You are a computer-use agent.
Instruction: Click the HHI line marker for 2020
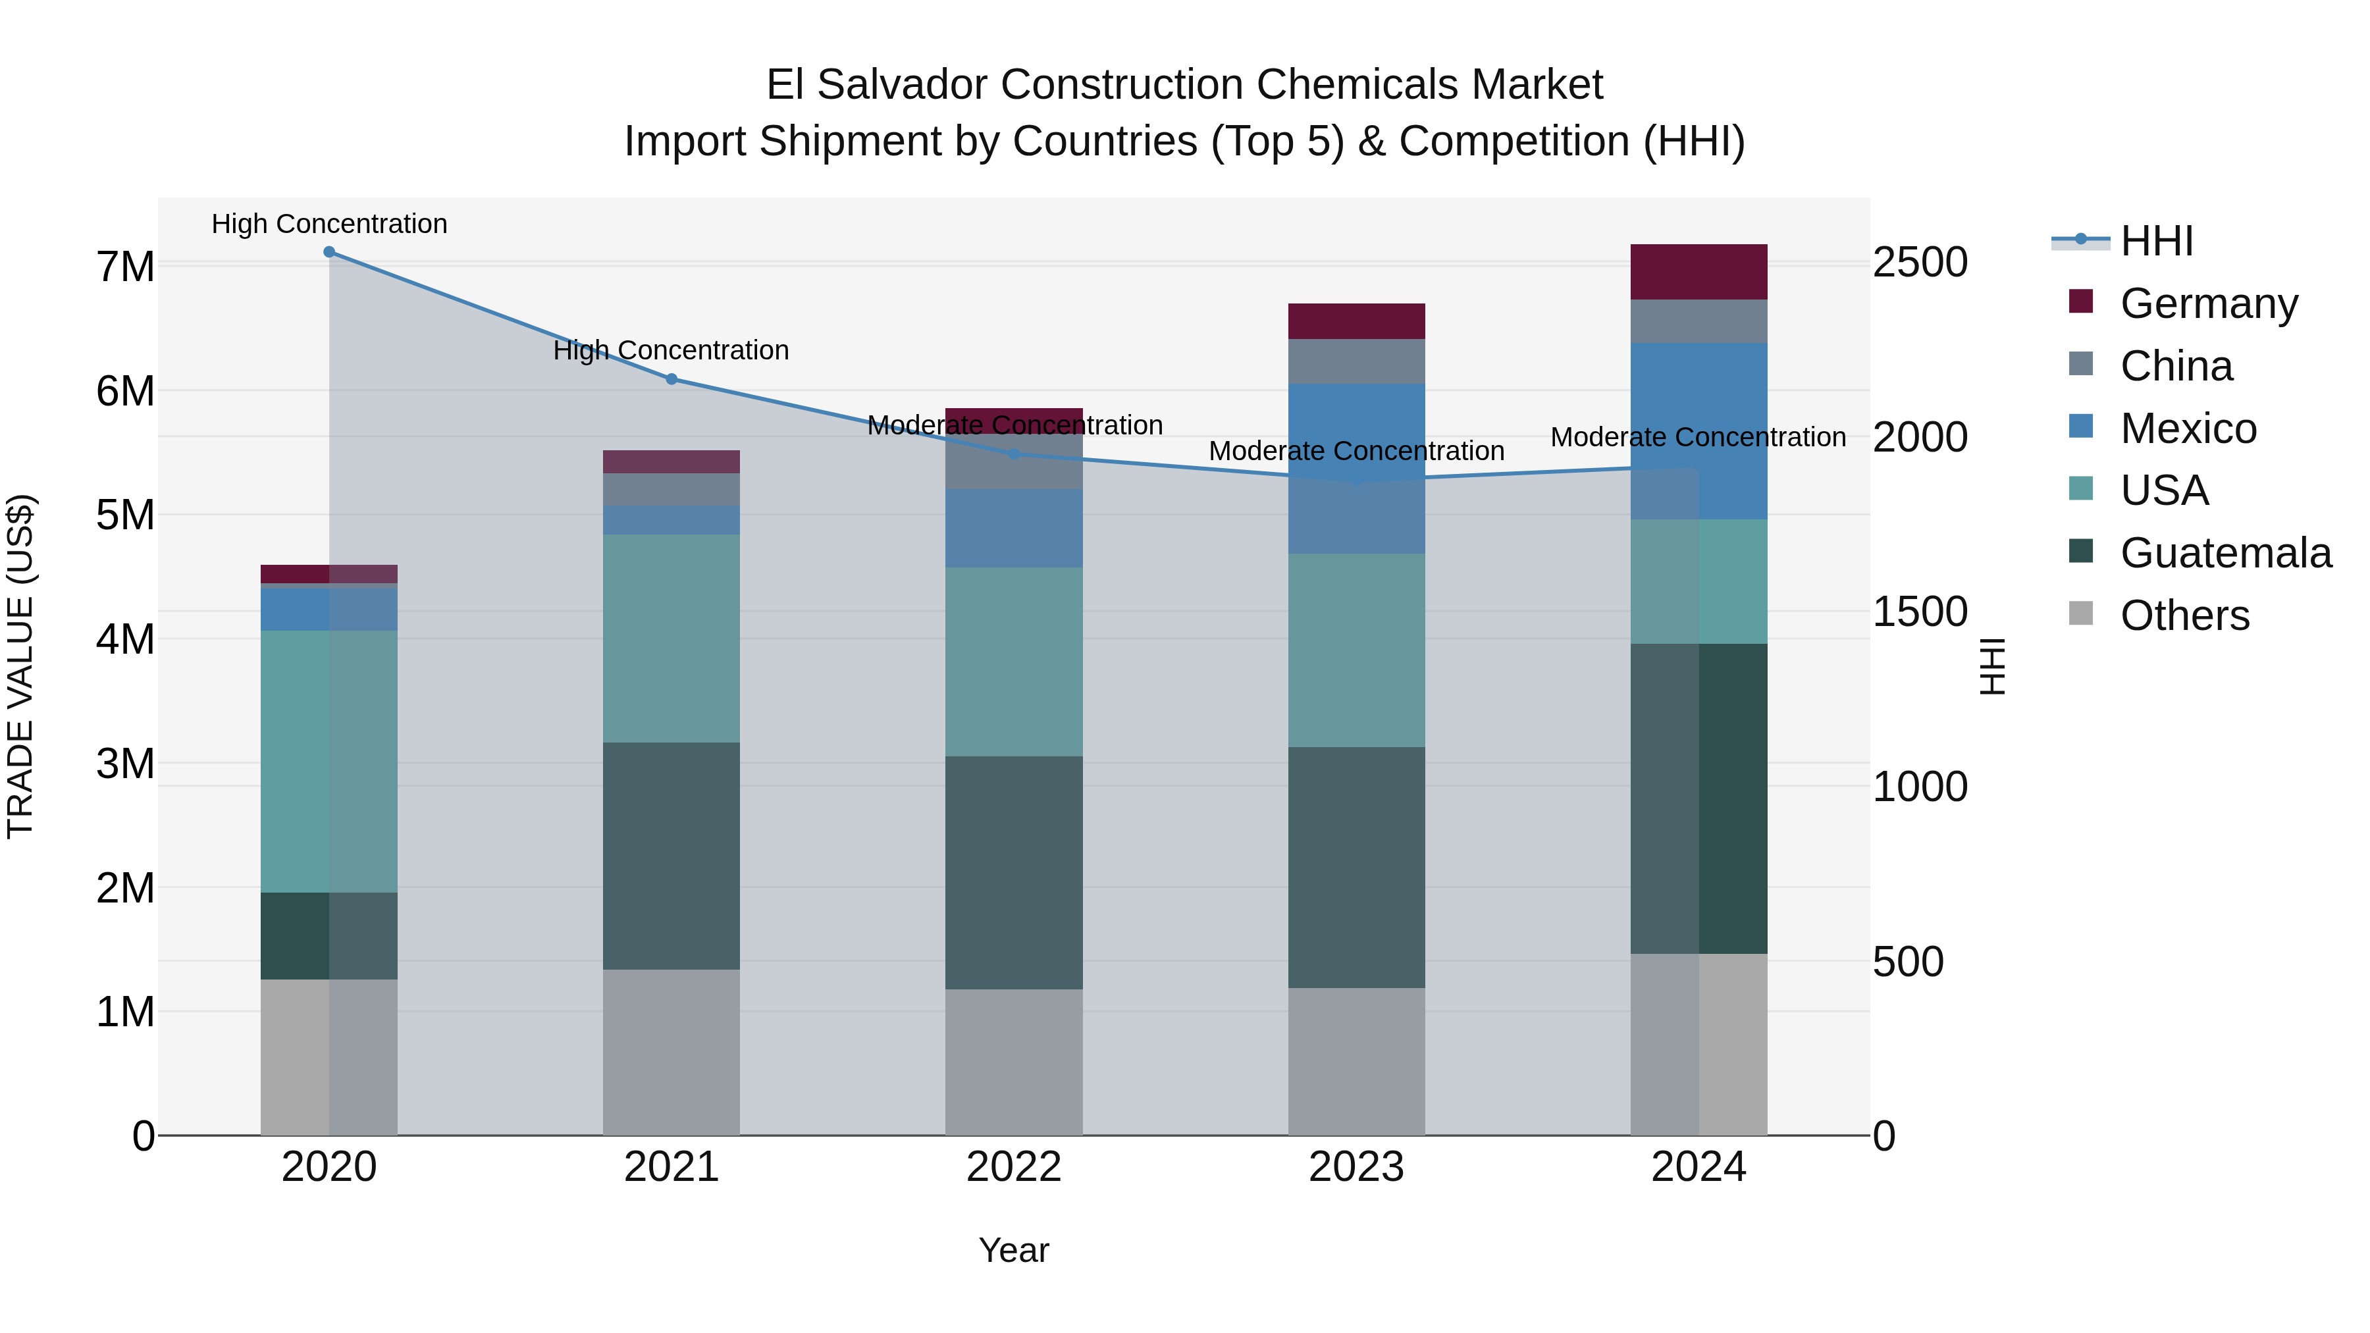pos(329,252)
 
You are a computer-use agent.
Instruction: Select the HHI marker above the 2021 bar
pos(671,379)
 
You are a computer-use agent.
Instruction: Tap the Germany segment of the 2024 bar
pos(1698,273)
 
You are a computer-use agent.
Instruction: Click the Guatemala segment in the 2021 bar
pos(671,856)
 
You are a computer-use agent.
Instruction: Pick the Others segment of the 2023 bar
pos(1356,1062)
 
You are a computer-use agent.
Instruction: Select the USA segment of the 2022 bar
pos(1014,662)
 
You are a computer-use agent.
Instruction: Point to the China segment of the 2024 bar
pos(1698,321)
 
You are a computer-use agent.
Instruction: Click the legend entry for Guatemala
pos(2225,553)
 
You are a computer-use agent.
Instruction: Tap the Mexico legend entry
pos(2187,429)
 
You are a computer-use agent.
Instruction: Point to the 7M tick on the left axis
pos(125,267)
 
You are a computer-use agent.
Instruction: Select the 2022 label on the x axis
pos(1014,1167)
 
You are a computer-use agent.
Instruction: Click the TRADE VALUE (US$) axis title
pos(20,666)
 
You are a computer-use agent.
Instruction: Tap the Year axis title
pos(1014,1250)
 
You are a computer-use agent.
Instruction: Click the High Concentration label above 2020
pos(329,224)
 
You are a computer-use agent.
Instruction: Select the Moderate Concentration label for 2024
pos(1698,437)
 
